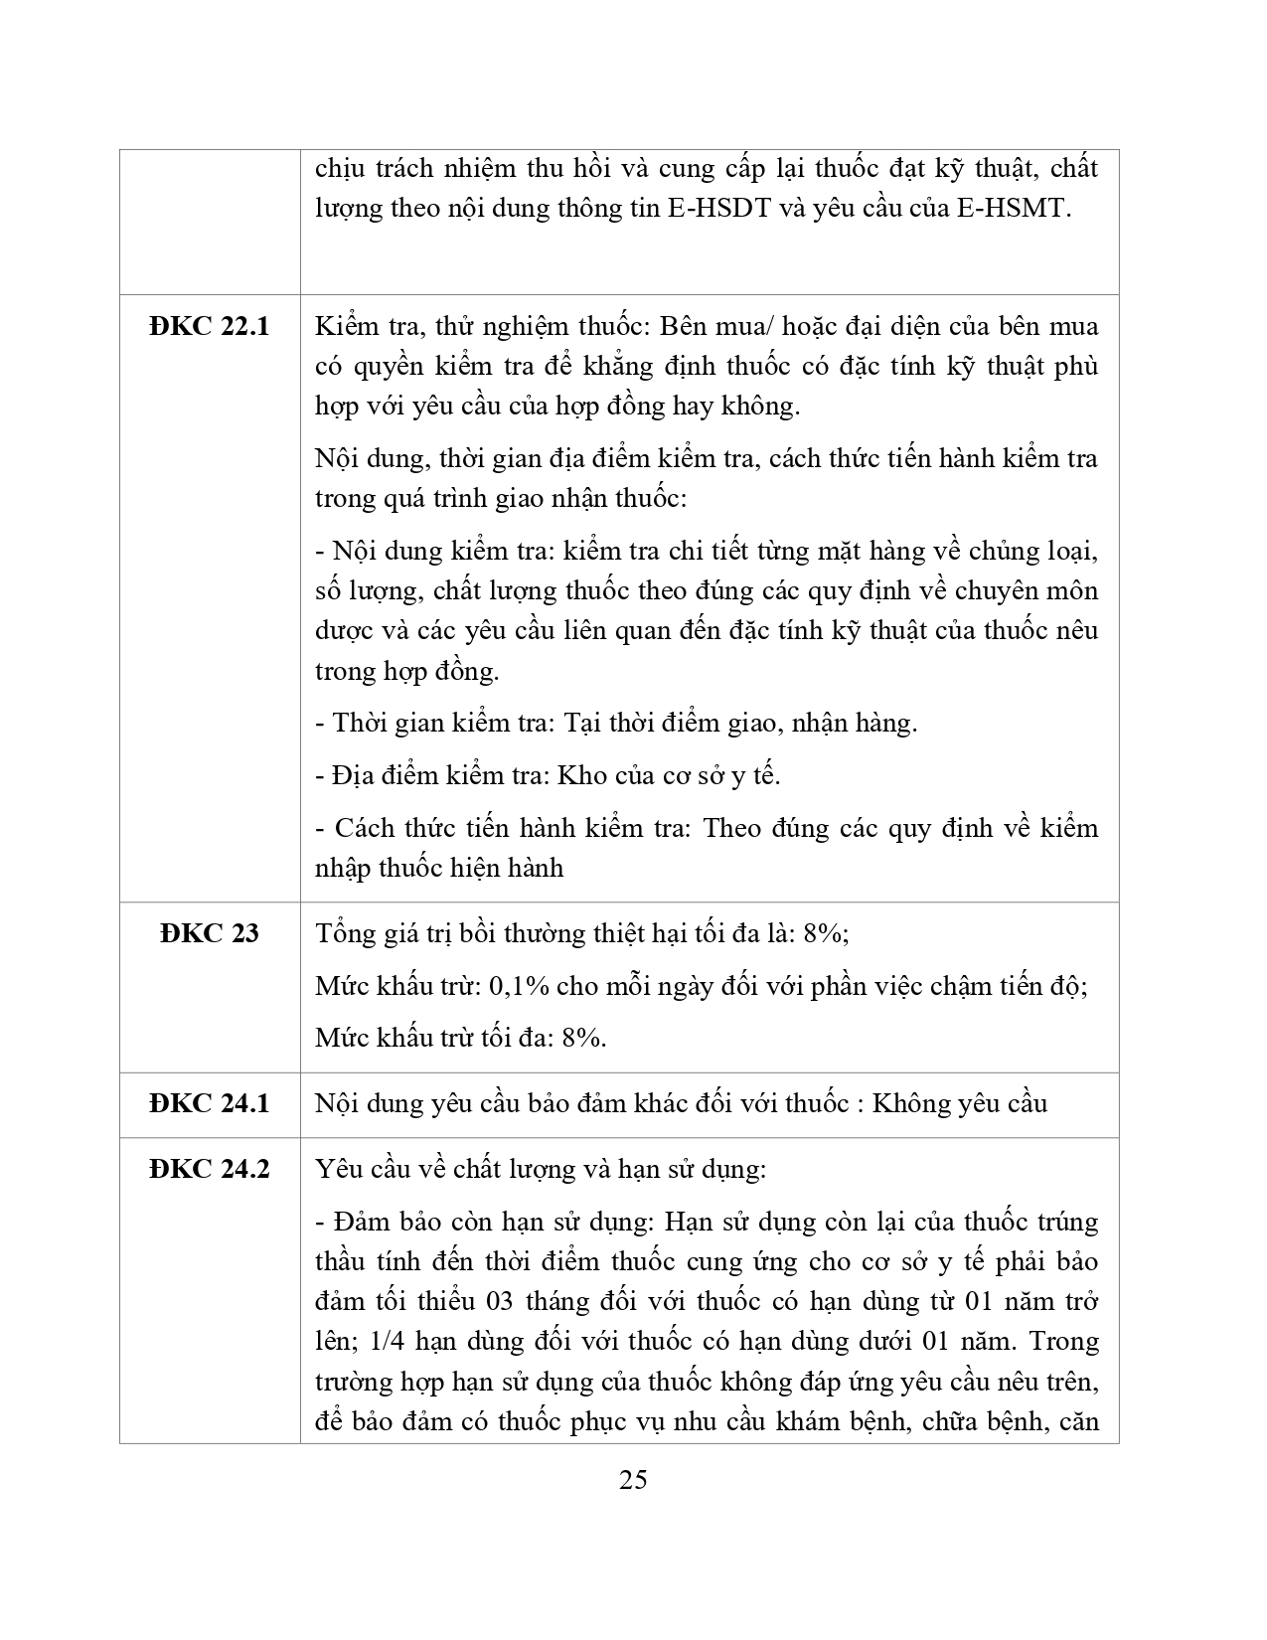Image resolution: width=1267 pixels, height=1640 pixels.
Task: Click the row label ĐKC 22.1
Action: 210,326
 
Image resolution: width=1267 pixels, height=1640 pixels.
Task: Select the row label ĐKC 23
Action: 210,933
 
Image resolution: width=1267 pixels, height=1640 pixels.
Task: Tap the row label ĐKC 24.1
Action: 210,1103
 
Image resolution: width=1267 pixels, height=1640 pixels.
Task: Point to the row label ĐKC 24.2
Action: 210,1169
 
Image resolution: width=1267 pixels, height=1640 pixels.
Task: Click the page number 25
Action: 633,1480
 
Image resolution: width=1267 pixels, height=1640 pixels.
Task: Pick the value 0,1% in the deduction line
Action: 521,986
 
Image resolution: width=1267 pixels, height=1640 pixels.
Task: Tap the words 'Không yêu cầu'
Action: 960,1103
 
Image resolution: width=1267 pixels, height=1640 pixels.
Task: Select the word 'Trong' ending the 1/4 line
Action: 1064,1342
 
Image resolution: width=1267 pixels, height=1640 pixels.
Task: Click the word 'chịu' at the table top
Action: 338,168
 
